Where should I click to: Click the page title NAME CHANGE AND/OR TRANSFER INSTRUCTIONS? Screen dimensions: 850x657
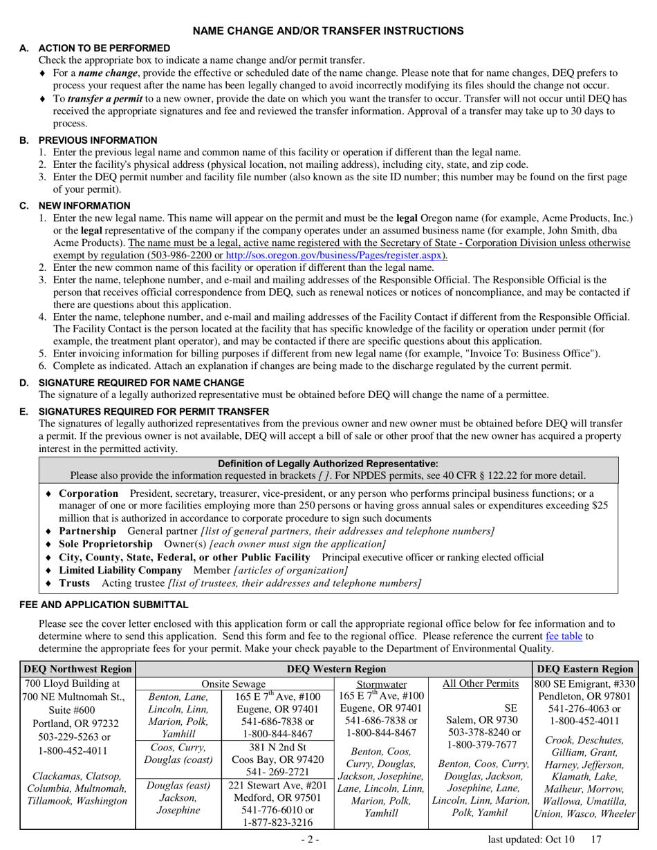(x=328, y=31)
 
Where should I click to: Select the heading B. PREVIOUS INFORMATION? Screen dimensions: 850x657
(x=98, y=140)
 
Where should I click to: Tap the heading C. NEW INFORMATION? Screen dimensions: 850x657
(x=84, y=206)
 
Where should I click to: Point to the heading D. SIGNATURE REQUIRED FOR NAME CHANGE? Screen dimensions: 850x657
(x=141, y=383)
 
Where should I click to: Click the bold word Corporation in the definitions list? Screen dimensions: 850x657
(x=89, y=493)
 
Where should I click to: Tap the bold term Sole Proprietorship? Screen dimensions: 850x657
(x=105, y=544)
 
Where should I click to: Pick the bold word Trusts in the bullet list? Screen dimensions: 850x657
(x=74, y=583)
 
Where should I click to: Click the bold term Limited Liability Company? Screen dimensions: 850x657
(x=120, y=570)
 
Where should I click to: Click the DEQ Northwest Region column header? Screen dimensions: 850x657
(x=77, y=669)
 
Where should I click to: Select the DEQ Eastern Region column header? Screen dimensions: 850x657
(x=585, y=669)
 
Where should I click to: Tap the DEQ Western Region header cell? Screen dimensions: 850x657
(x=336, y=669)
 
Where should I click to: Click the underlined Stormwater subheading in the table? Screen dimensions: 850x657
(x=381, y=684)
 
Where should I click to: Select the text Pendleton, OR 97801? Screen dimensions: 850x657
(x=584, y=697)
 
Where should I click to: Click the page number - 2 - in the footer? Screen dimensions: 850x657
(x=309, y=839)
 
